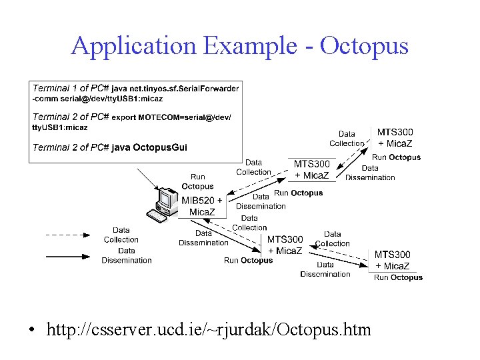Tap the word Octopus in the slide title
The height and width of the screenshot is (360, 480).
click(x=364, y=47)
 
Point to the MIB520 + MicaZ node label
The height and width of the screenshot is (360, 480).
click(x=202, y=206)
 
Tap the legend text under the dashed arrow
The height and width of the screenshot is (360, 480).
click(x=121, y=235)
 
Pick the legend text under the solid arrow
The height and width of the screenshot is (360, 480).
click(x=127, y=255)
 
